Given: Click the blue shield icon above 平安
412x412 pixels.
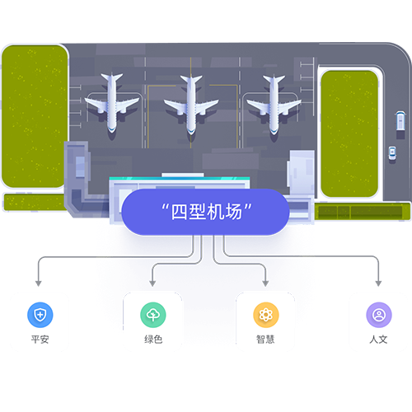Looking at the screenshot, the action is click(40, 315).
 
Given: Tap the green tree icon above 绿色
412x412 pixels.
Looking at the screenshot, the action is click(153, 315).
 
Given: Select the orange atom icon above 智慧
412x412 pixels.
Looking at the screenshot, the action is click(266, 315).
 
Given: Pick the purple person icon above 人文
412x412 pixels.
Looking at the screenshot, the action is click(379, 315).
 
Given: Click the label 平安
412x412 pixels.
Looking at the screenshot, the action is click(40, 339).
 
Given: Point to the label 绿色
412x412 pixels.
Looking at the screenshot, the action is click(153, 339).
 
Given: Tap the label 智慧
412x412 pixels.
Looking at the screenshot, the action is click(265, 339).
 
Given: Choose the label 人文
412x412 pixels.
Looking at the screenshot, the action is click(379, 339).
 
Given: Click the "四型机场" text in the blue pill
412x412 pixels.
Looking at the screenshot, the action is click(206, 212).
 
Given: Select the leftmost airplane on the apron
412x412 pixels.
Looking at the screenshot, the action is click(112, 103).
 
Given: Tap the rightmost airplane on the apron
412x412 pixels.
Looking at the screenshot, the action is click(274, 105).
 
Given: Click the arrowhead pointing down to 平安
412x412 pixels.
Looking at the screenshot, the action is click(39, 283).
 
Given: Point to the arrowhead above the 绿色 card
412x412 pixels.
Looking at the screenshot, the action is click(152, 283).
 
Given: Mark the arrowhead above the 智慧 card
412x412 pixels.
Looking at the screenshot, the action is click(265, 283).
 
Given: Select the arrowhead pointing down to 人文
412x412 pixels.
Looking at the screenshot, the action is click(378, 283).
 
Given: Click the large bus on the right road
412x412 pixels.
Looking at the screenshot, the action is click(400, 121).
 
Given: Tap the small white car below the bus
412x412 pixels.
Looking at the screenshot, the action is click(392, 153).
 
